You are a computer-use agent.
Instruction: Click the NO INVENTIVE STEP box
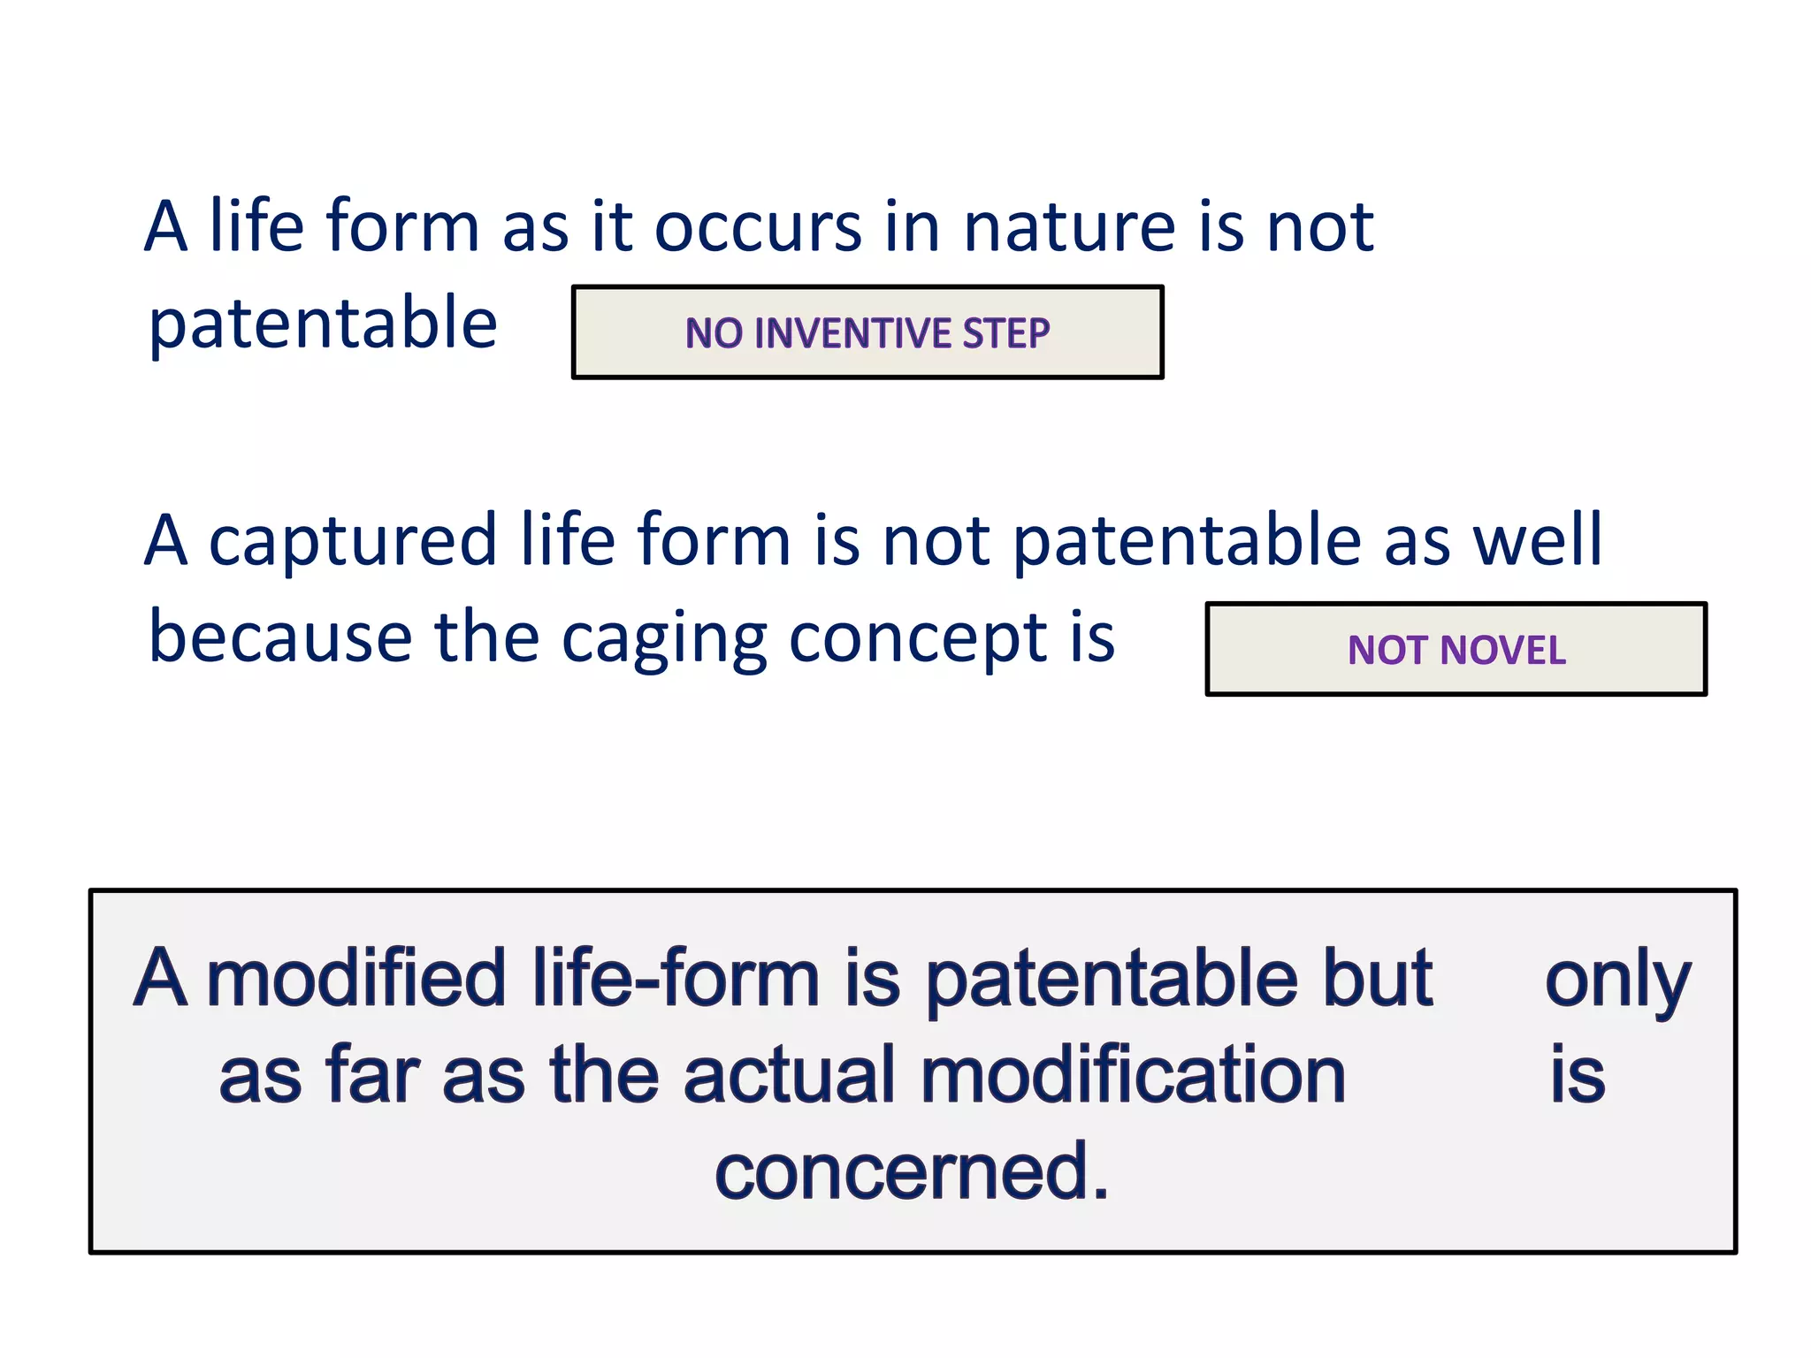tap(867, 332)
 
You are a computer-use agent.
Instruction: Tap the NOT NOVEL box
tap(1456, 650)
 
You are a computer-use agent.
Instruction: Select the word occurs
tap(758, 227)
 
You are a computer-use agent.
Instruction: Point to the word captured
tap(353, 541)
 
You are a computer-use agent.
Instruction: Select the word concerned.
tap(911, 1172)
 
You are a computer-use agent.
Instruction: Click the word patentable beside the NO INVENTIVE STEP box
tap(323, 324)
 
